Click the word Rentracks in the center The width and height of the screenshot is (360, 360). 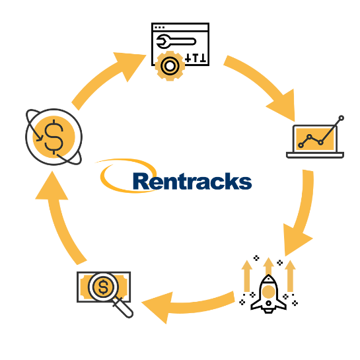tap(192, 181)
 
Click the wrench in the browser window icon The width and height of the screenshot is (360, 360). tap(176, 42)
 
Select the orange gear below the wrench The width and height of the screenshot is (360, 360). tap(170, 66)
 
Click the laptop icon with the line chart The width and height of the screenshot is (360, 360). tap(315, 140)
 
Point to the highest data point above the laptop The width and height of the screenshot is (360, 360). tap(341, 118)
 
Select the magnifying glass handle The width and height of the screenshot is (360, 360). tap(124, 308)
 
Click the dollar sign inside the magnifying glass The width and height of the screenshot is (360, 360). tap(103, 287)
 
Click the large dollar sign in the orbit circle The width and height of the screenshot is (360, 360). tap(54, 137)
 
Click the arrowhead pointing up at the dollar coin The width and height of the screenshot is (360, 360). tap(52, 186)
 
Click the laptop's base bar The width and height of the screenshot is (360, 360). tap(315, 155)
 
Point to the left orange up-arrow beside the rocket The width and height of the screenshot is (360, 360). tap(247, 276)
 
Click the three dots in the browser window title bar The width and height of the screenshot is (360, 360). tap(160, 28)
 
